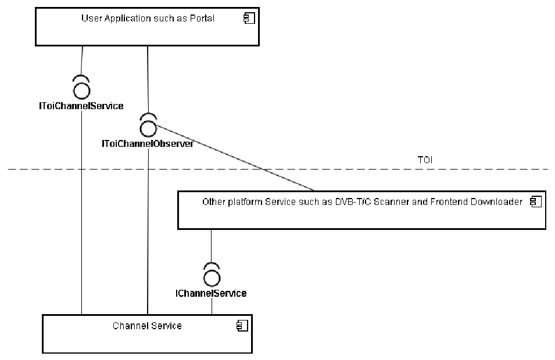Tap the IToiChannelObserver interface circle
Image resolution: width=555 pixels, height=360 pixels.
(x=148, y=127)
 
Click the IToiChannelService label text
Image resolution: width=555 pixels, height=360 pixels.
(x=81, y=106)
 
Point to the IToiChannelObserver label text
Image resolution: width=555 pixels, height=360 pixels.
(x=148, y=143)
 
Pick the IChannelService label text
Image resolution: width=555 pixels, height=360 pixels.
(x=211, y=293)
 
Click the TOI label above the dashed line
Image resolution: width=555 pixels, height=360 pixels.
(x=425, y=160)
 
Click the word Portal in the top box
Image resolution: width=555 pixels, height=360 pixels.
(x=200, y=19)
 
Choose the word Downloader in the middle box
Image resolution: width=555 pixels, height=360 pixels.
(x=495, y=202)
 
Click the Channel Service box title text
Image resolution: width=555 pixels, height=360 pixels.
(x=147, y=326)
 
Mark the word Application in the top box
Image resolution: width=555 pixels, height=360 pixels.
(x=121, y=19)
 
